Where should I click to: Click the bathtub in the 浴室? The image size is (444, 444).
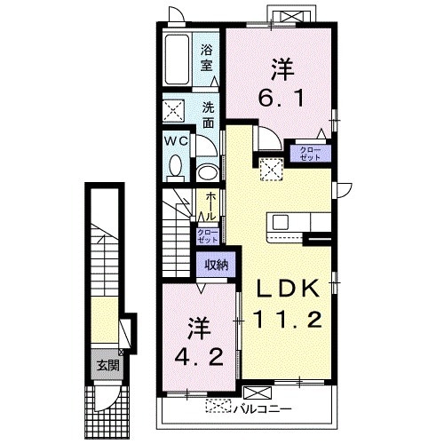coord(177,59)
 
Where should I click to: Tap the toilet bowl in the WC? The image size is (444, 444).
coord(176,166)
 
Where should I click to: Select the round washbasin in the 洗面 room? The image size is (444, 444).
coord(208,172)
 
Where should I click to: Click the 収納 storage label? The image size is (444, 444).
coord(217,265)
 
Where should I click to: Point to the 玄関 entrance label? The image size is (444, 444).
coord(108,366)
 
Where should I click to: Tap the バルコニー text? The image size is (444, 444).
coord(263,409)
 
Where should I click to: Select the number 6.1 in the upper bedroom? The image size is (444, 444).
coord(281,98)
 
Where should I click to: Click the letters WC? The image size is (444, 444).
coord(177,141)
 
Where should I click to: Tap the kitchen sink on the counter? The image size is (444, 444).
coord(281,222)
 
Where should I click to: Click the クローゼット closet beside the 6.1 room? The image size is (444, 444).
coord(310,154)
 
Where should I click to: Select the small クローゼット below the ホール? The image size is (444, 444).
coord(208,236)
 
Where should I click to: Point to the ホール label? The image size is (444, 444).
coord(210,206)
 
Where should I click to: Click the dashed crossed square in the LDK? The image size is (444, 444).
coord(271,170)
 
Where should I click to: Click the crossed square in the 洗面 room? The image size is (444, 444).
coord(173,111)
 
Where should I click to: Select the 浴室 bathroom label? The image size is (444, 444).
coord(207,58)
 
